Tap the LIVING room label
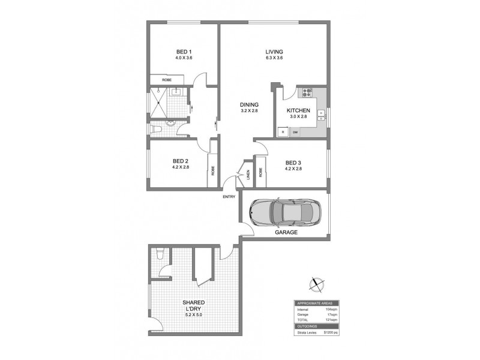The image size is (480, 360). [x=274, y=52]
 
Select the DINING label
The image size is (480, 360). [x=249, y=104]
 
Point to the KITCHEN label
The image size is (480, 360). [x=298, y=111]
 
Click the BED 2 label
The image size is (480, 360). [x=181, y=161]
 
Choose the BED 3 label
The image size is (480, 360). [x=293, y=162]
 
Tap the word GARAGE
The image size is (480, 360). [x=286, y=232]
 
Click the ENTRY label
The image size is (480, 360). [x=229, y=197]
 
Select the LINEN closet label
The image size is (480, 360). [x=247, y=175]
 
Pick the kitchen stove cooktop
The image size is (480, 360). [x=308, y=92]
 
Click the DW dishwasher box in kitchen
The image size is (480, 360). [x=295, y=133]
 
